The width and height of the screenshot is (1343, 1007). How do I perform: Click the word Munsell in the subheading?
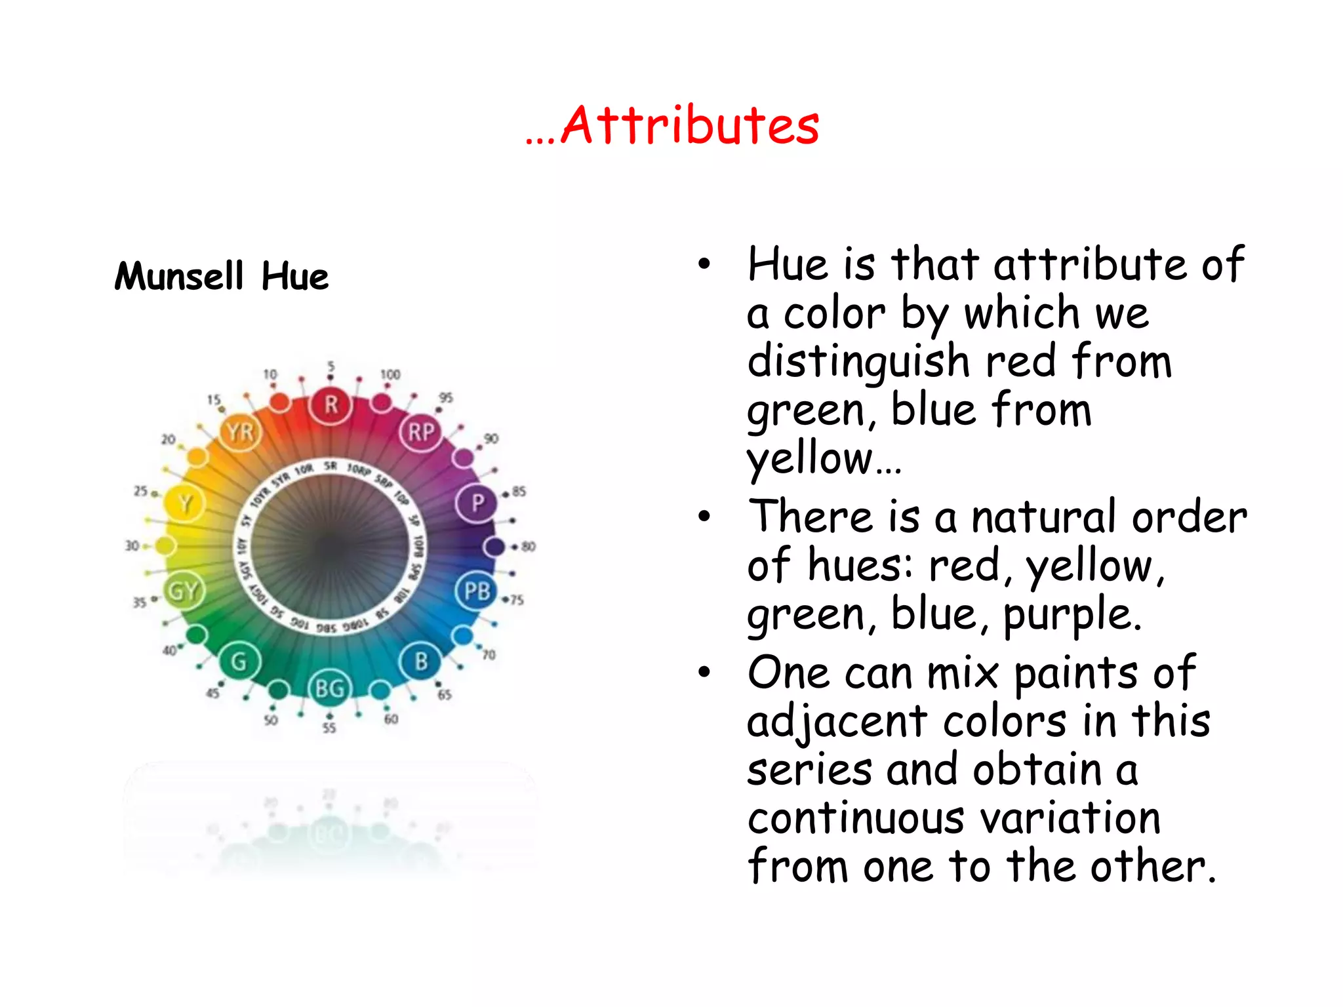coord(179,276)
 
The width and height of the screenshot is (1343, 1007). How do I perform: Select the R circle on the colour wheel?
coord(331,405)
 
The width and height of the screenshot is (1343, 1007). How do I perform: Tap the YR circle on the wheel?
coord(240,433)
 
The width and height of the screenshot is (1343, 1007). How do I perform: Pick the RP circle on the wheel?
coord(421,432)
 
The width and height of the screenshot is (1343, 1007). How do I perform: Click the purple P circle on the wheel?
coord(477,503)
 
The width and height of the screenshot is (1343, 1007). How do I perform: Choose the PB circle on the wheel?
coord(477,591)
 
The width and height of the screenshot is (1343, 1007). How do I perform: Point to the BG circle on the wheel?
coord(330,688)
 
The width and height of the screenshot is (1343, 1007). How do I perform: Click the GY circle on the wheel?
coord(183,591)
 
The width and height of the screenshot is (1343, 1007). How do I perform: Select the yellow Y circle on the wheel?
coord(184,503)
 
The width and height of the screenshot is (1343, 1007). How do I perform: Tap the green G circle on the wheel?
coord(239,661)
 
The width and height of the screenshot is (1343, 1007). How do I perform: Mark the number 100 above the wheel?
coord(390,374)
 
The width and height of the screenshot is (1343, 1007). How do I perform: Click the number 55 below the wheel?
coord(329,728)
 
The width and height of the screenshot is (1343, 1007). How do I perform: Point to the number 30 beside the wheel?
coord(132,545)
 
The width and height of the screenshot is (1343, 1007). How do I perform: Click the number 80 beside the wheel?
coord(529,546)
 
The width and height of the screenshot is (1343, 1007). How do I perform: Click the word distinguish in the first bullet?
coord(858,363)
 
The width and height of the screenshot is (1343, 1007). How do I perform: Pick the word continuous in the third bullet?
coord(854,819)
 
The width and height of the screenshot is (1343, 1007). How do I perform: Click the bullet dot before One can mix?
coord(704,673)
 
